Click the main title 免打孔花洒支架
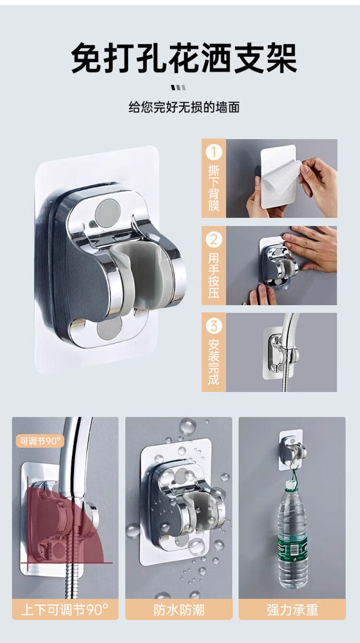point(184,58)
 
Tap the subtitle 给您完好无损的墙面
point(184,107)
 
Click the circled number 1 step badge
point(214,152)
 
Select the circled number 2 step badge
point(214,239)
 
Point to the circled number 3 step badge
point(214,326)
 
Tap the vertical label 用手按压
point(214,275)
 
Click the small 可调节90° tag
point(40,441)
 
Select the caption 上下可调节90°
point(65,610)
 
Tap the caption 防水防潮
point(179,610)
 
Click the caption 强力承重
point(292,610)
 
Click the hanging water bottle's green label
point(292,548)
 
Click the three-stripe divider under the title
point(178,87)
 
